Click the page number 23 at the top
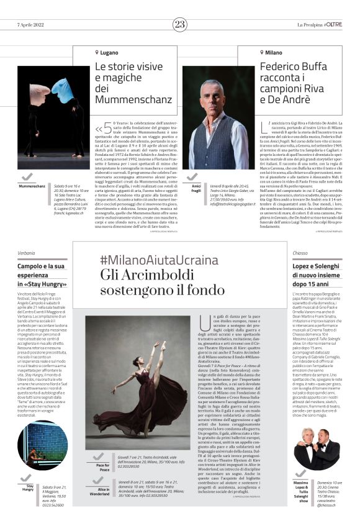coord(180,24)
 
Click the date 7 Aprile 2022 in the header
coord(32,24)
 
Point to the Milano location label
coord(274,53)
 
